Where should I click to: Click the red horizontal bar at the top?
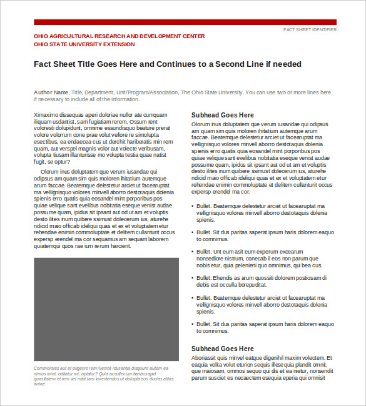pyautogui.click(x=185, y=22)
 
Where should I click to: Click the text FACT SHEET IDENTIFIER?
pyautogui.click(x=310, y=30)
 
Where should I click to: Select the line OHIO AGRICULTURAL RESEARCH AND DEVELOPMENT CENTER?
pyautogui.click(x=119, y=36)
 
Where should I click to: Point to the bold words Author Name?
pyautogui.click(x=51, y=92)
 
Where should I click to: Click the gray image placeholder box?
pyautogui.click(x=106, y=309)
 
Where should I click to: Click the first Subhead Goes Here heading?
pyautogui.click(x=223, y=116)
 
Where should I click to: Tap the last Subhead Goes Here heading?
pyautogui.click(x=223, y=349)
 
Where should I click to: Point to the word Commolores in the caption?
pyautogui.click(x=48, y=369)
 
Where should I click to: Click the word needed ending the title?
pyautogui.click(x=287, y=64)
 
